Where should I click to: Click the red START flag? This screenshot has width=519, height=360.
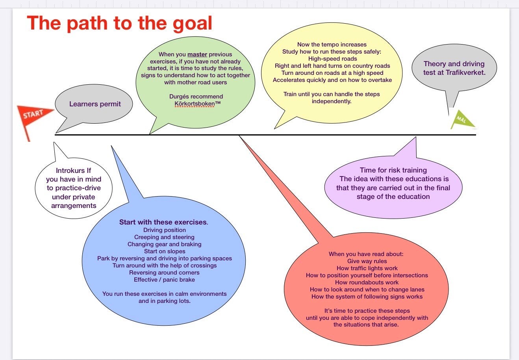33,115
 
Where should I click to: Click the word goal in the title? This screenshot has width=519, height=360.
192,23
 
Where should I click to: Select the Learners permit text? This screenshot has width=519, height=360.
95,104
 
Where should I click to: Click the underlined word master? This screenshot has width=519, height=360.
197,54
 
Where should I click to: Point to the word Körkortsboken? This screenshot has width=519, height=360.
195,104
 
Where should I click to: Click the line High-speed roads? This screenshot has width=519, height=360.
332,59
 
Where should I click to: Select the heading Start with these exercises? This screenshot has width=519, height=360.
163,222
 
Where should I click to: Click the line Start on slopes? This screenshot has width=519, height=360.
165,251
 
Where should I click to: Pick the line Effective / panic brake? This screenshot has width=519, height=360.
164,280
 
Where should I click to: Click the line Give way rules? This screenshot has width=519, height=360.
367,261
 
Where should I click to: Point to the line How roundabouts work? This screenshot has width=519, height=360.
367,282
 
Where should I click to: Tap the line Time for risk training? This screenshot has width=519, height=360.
393,170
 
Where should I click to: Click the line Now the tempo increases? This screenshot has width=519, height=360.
332,45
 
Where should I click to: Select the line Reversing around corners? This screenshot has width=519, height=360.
164,273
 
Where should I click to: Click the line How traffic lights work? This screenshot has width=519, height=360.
367,268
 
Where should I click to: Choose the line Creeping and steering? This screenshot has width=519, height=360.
164,237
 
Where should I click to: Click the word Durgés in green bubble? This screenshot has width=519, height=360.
179,96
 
